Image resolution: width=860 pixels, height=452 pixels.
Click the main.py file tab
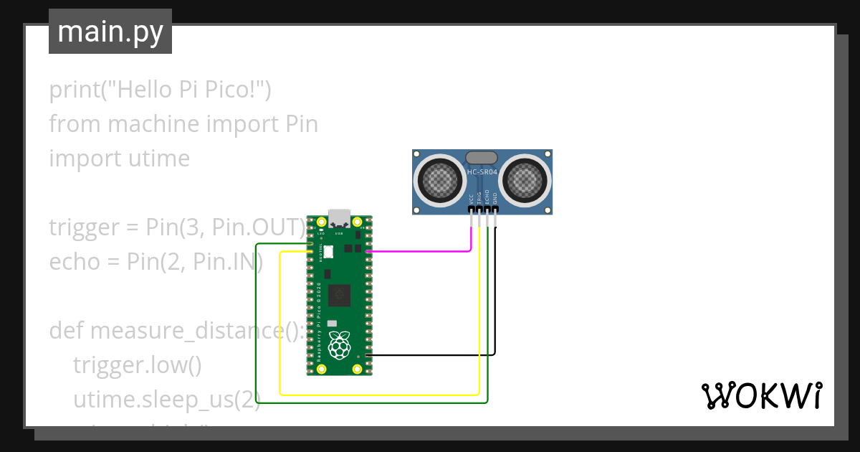click(x=110, y=32)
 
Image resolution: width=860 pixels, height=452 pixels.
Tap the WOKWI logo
click(x=760, y=395)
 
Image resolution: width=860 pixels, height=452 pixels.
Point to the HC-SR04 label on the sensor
click(x=482, y=172)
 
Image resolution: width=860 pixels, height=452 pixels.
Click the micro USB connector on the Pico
click(x=340, y=217)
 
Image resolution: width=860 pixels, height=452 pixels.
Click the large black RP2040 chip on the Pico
click(x=339, y=295)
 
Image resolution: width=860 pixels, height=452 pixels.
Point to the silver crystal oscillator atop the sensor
click(x=482, y=157)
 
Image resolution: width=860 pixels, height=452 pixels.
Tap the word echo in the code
click(x=74, y=262)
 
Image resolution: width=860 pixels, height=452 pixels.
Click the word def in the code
click(x=67, y=331)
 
